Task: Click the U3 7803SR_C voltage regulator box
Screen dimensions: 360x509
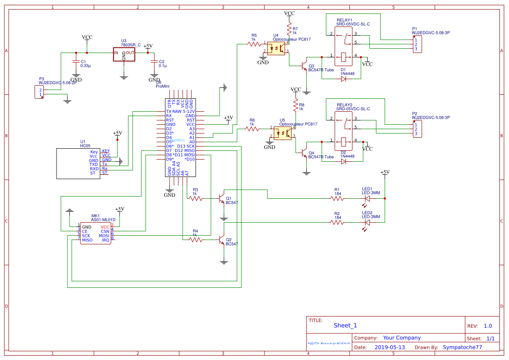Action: tap(124, 54)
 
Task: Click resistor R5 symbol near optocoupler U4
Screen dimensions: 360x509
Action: tap(254, 43)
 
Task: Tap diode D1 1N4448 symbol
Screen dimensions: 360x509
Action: tap(343, 79)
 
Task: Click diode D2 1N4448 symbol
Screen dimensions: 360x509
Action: tap(343, 161)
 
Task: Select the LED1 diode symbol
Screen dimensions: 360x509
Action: tap(367, 199)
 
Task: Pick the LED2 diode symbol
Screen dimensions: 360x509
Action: tap(367, 222)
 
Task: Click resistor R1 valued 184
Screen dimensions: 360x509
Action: tap(337, 199)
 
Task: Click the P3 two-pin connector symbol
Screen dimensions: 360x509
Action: tap(39, 92)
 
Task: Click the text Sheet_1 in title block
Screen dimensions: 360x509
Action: tap(345, 326)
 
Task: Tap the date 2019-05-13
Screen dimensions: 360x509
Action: tap(389, 347)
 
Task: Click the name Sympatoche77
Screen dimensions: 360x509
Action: tap(462, 347)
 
